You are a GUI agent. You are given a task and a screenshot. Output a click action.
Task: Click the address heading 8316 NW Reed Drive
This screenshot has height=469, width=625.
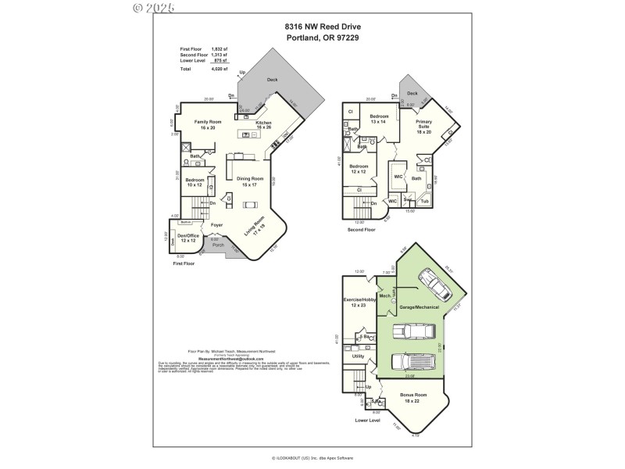pyautogui.click(x=312, y=26)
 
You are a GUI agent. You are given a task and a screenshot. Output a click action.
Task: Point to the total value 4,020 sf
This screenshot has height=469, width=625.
pyautogui.click(x=219, y=69)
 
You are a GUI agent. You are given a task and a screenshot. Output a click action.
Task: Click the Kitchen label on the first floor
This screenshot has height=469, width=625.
pyautogui.click(x=264, y=125)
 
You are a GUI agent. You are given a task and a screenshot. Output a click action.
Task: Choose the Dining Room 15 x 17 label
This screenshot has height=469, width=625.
pyautogui.click(x=251, y=181)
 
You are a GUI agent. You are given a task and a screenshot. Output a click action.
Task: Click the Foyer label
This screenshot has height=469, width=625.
pyautogui.click(x=217, y=225)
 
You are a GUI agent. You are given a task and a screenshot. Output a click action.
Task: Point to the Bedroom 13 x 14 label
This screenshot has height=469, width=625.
pyautogui.click(x=379, y=119)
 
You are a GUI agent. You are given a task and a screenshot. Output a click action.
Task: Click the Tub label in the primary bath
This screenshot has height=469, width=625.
pyautogui.click(x=425, y=201)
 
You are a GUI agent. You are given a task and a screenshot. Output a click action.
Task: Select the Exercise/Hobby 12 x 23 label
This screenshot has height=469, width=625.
pyautogui.click(x=359, y=303)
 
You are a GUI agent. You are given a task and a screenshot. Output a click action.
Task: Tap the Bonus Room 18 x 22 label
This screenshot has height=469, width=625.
pyautogui.click(x=414, y=398)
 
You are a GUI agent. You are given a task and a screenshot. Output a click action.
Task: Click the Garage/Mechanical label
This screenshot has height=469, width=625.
pyautogui.click(x=420, y=307)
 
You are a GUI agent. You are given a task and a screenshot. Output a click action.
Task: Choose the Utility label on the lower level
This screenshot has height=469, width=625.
pyautogui.click(x=359, y=356)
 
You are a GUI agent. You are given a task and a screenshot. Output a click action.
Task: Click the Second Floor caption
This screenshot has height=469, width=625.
pyautogui.click(x=361, y=230)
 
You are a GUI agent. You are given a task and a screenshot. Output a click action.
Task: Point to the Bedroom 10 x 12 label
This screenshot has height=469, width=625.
pyautogui.click(x=195, y=183)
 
